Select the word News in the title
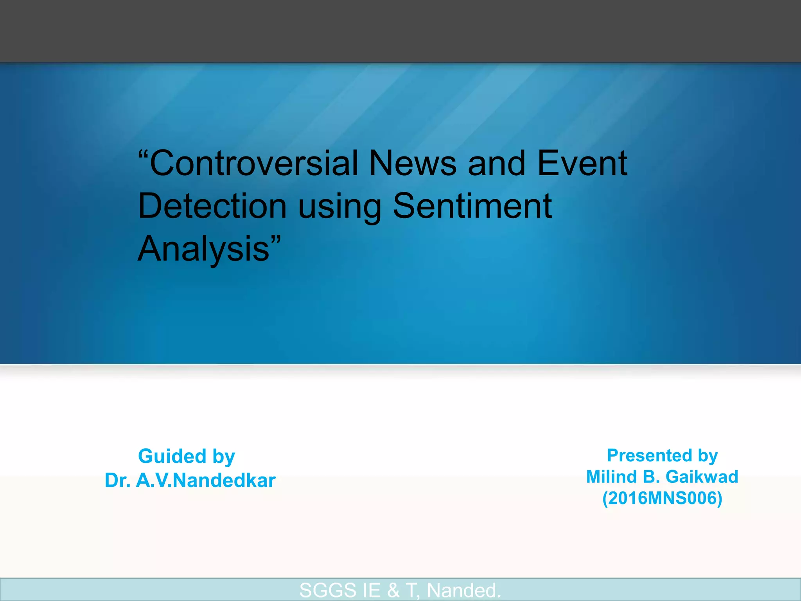pos(413,163)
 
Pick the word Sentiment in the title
pos(472,206)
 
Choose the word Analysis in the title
pos(204,249)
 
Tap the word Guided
pos(172,456)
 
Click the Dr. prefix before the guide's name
pos(118,480)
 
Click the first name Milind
pos(612,477)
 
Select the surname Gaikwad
pos(702,477)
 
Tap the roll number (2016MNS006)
pos(662,498)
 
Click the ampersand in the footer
pos(393,590)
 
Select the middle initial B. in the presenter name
pos(651,477)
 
